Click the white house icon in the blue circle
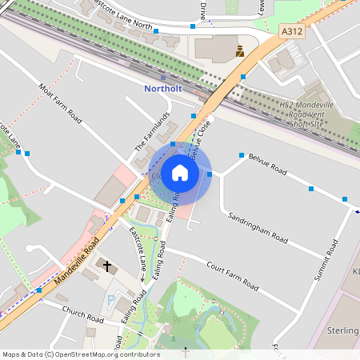180,173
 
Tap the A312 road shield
291,30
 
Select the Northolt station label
164,89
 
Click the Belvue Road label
267,164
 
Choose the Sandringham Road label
257,227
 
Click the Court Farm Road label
232,275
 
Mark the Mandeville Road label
77,263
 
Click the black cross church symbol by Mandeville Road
106,264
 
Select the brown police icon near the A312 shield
239,51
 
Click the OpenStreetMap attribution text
81,354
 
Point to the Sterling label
343,330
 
